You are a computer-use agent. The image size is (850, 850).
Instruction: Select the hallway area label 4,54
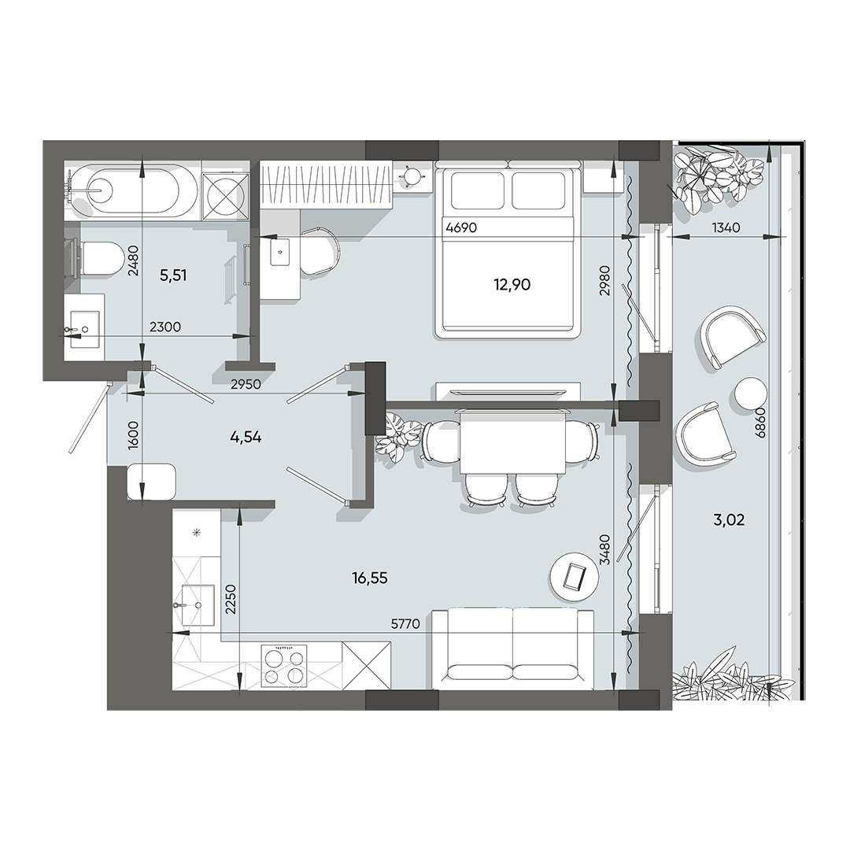tap(246, 438)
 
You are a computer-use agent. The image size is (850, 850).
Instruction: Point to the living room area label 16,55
tap(370, 578)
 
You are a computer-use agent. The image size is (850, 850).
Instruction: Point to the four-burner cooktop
tap(283, 667)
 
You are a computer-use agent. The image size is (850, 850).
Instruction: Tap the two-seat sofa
tap(512, 647)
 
